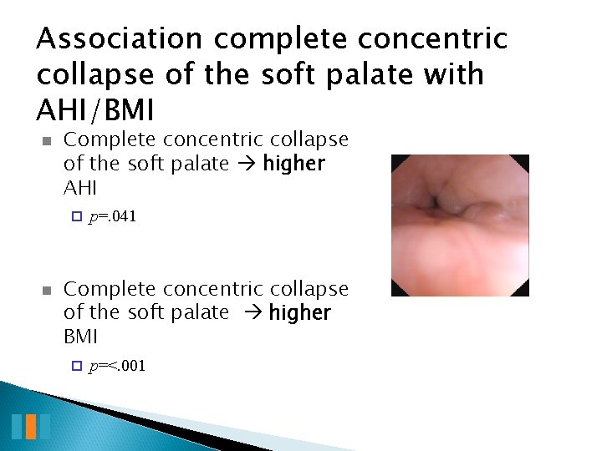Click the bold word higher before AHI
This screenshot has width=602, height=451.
click(293, 164)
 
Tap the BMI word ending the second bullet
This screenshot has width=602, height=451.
click(80, 337)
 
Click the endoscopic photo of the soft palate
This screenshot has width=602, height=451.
click(460, 225)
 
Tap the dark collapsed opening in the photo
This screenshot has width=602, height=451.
click(436, 202)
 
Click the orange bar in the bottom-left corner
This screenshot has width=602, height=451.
click(31, 426)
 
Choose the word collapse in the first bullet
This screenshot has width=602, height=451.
click(309, 140)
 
